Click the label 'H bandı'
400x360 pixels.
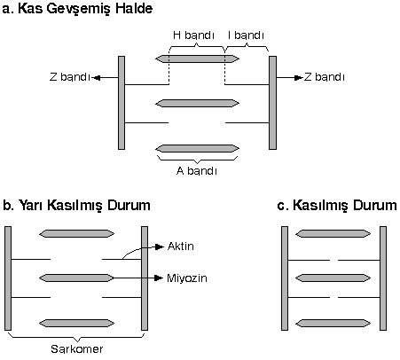coord(193,35)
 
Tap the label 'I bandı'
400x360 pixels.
coord(246,35)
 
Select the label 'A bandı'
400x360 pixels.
coord(197,171)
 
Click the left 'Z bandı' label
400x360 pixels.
coord(69,77)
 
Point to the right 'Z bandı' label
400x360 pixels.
coord(325,77)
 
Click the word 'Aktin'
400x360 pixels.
coord(181,247)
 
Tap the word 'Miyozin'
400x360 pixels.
coord(187,278)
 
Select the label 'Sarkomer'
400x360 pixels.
coord(77,349)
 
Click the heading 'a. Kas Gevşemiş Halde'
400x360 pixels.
coord(77,9)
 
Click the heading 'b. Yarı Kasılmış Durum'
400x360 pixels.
coord(76,205)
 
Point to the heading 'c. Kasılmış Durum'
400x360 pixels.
coord(337,205)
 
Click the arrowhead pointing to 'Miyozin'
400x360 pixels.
coord(159,278)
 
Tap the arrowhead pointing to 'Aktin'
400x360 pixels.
coord(160,247)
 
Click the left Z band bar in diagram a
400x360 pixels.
coord(122,103)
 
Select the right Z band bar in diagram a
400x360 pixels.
coord(272,103)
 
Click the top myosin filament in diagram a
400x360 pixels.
coord(197,59)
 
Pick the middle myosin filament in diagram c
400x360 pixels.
coord(333,278)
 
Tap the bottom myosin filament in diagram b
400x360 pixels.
coord(76,323)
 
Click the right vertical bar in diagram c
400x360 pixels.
coord(383,278)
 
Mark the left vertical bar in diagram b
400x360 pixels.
coord(8,278)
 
